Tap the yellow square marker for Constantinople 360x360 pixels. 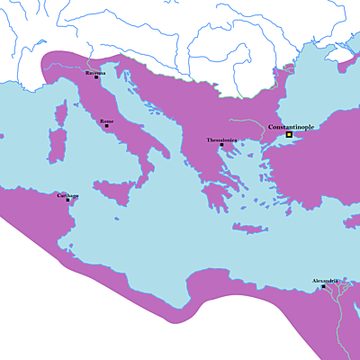pyautogui.click(x=289, y=135)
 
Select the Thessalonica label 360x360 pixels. pyautogui.click(x=221, y=139)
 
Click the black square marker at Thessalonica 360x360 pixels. pyautogui.click(x=221, y=145)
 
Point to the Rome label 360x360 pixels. pyautogui.click(x=107, y=121)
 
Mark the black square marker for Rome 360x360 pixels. pyautogui.click(x=107, y=126)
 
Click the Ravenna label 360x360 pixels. pyautogui.click(x=95, y=72)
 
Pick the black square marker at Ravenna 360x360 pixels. pyautogui.click(x=96, y=77)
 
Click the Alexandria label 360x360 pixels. pyautogui.click(x=325, y=281)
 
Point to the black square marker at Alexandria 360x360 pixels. pyautogui.click(x=323, y=286)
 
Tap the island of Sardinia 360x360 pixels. pyautogui.click(x=61, y=144)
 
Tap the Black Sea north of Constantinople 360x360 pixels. pyautogui.click(x=315, y=90)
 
